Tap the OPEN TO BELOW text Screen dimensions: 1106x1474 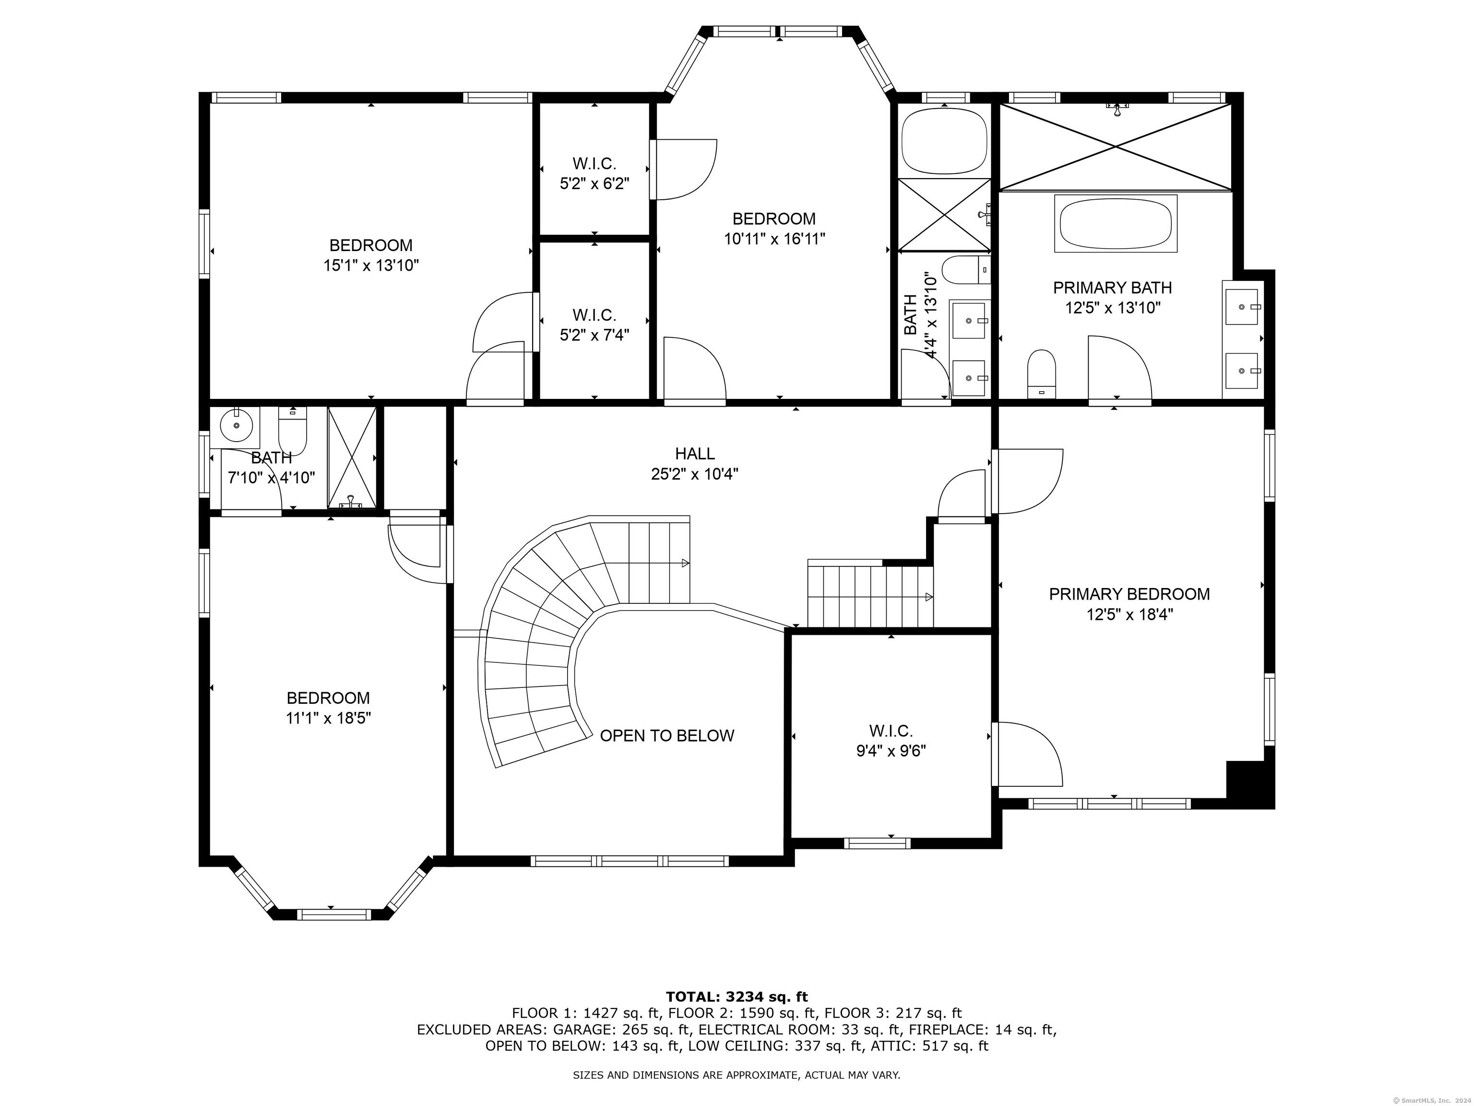(666, 735)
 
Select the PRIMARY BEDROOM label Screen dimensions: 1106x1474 (1129, 594)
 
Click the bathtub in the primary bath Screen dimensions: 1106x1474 (1116, 224)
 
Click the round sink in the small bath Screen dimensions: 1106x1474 (236, 425)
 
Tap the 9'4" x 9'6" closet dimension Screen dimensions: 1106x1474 (891, 751)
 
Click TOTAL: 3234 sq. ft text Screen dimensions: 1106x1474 (737, 997)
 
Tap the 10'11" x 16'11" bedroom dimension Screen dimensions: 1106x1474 (774, 239)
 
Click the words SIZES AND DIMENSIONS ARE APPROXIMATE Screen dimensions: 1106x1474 (686, 1075)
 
